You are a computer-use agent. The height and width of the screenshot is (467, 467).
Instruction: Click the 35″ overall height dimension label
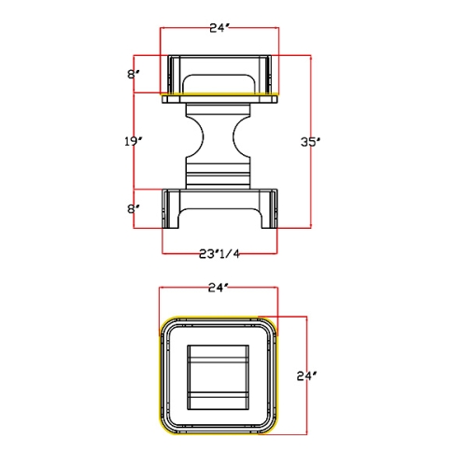tap(310, 142)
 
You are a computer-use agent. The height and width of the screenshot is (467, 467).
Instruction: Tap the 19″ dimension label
tap(134, 141)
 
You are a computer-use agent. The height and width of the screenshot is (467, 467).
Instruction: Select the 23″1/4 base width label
tap(219, 254)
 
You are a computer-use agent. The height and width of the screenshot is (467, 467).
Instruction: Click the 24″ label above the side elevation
tap(219, 28)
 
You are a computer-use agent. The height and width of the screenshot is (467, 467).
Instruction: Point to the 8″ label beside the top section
tap(133, 75)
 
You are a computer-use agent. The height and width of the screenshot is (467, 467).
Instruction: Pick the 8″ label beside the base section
tap(133, 209)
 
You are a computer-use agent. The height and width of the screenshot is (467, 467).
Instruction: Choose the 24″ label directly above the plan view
tap(219, 288)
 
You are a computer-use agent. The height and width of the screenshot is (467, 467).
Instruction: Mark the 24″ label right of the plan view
tap(306, 376)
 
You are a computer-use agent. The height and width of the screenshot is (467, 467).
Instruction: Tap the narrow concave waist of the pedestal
tap(218, 137)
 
